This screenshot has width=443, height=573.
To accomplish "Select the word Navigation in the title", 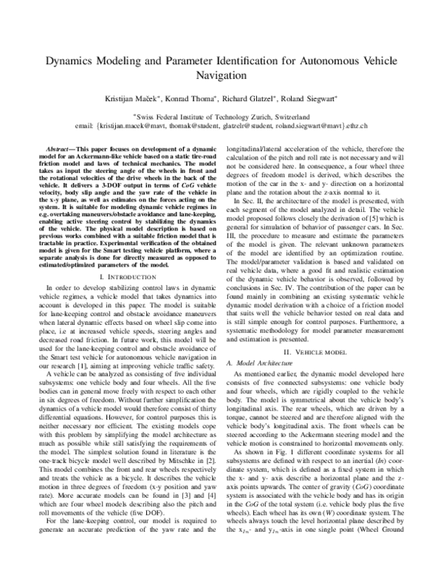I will click(x=221, y=76).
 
